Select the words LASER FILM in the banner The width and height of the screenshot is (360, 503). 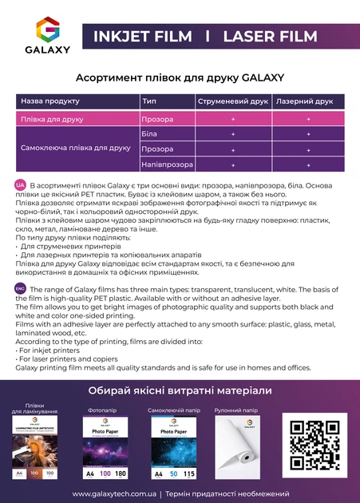coord(271,36)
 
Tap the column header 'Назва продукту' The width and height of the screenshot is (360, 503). coord(50,101)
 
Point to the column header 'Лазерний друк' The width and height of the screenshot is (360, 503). coord(304,101)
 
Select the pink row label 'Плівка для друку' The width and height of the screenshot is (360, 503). coord(52,118)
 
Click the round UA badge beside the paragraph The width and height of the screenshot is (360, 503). coord(20,184)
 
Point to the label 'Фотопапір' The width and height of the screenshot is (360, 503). coord(100,410)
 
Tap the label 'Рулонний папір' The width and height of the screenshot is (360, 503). coord(235,410)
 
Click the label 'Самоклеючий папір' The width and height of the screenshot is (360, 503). coord(173,410)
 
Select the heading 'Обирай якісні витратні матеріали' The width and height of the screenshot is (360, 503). coord(180,390)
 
